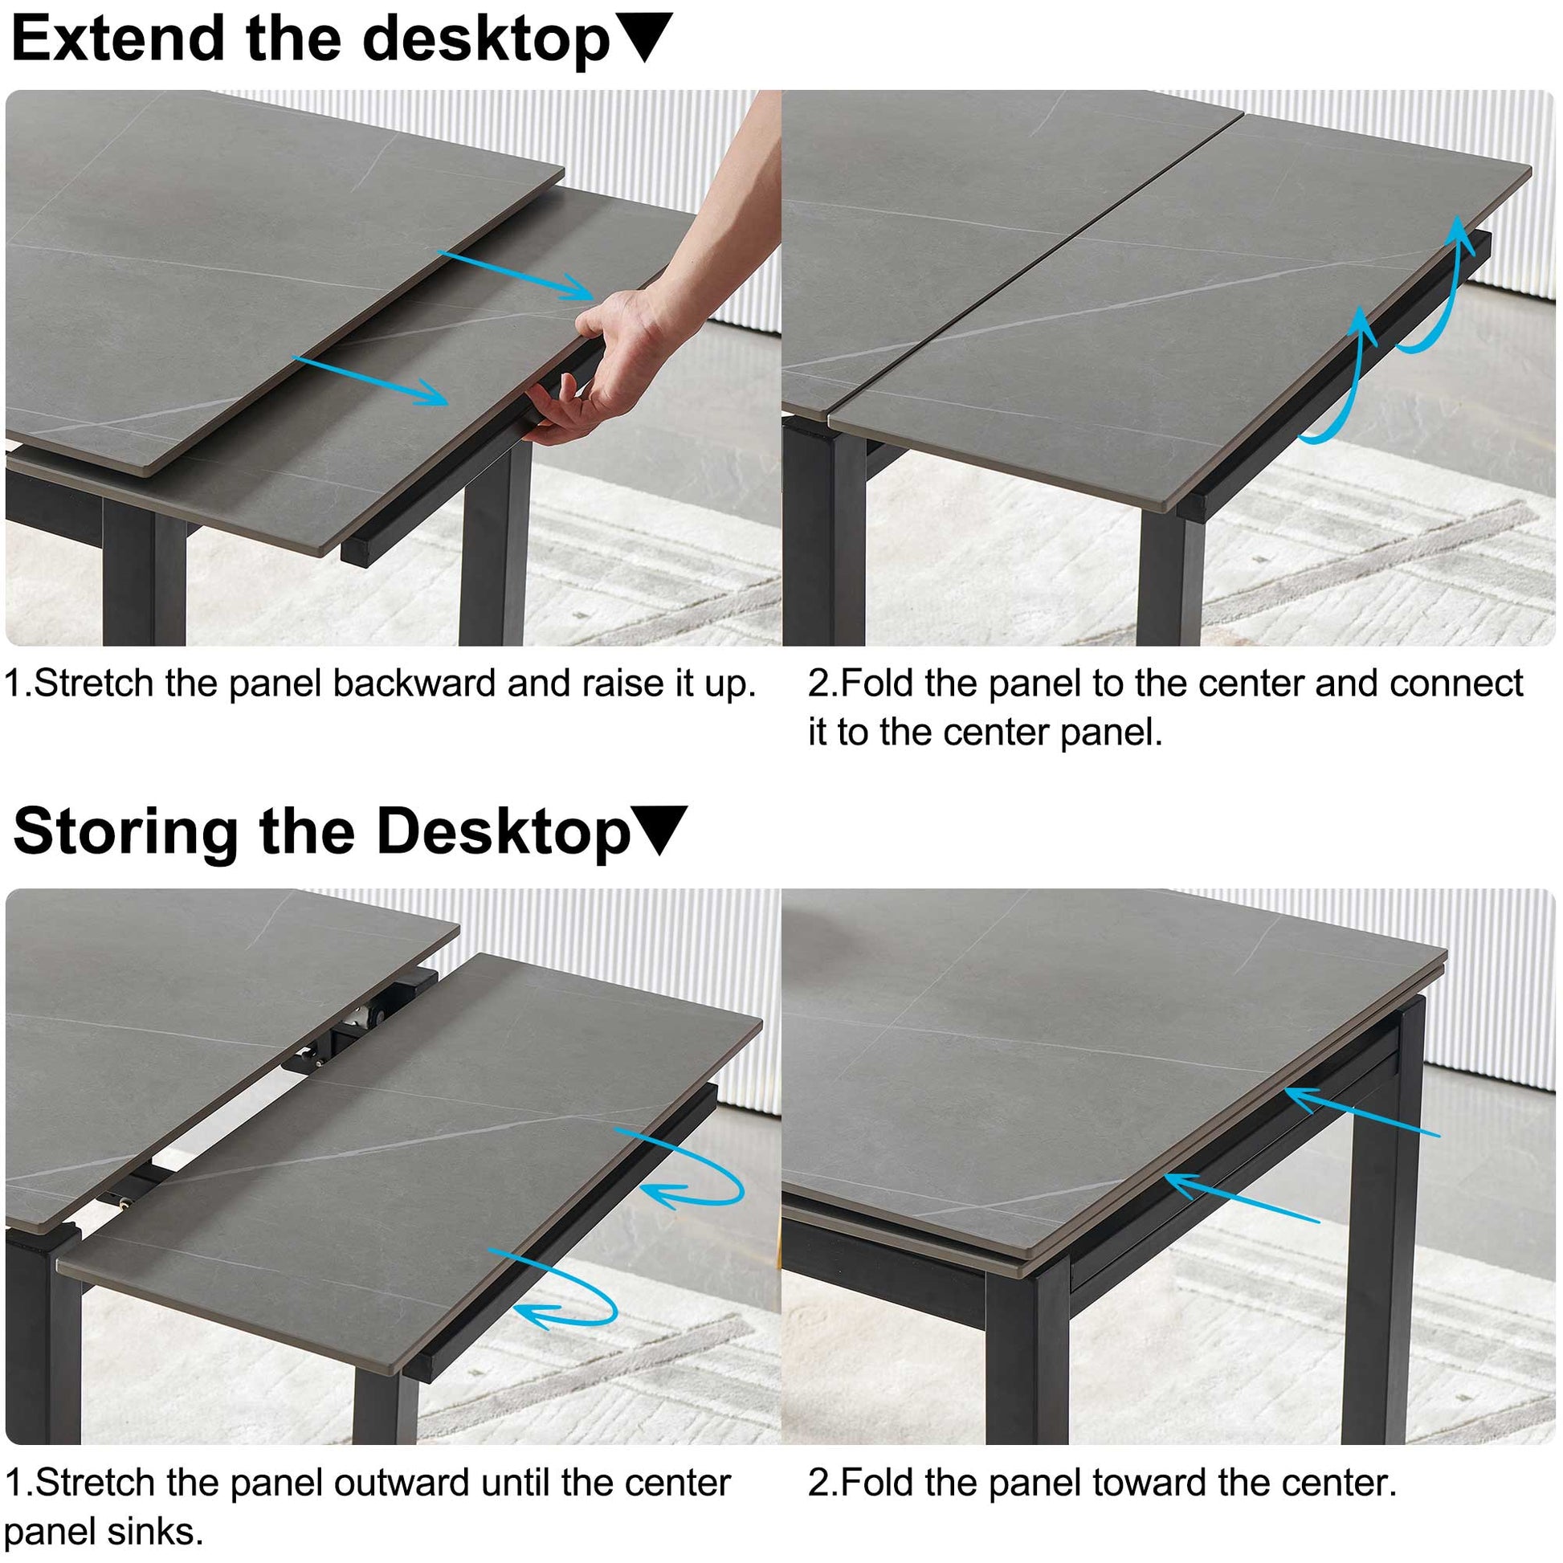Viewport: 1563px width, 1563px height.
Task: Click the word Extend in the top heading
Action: (118, 38)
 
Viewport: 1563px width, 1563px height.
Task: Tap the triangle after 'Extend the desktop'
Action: (643, 35)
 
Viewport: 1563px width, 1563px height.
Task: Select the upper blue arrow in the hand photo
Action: (516, 275)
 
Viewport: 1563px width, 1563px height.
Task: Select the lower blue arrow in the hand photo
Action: (369, 380)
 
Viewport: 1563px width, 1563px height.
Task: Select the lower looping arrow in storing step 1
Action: (558, 1290)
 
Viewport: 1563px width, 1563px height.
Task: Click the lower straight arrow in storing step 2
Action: (1242, 1198)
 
